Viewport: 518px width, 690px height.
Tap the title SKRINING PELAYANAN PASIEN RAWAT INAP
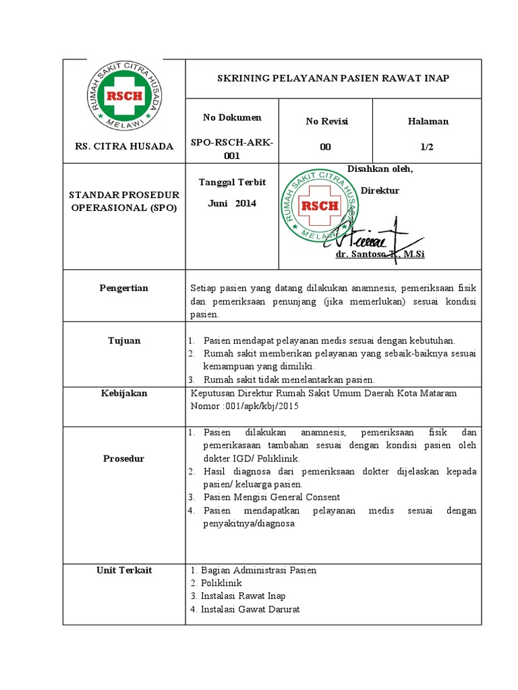pos(333,78)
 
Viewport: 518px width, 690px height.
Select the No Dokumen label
pos(232,118)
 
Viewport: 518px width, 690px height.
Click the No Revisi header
pos(326,121)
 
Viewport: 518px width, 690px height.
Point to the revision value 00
pos(326,148)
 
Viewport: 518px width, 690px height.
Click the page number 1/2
pos(428,148)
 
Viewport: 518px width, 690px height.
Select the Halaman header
pos(428,121)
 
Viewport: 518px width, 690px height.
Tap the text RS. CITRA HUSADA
pos(123,146)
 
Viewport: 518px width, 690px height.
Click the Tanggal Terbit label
pos(232,183)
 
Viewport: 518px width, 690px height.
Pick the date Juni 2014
pos(231,203)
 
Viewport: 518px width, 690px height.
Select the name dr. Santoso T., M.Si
pos(380,255)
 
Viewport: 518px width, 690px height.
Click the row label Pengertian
pos(123,288)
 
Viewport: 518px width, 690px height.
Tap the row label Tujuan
pos(124,341)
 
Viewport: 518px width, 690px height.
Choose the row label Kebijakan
pos(123,393)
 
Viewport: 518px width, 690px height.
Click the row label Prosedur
pos(123,459)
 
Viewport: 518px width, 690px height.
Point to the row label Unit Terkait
pos(124,570)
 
